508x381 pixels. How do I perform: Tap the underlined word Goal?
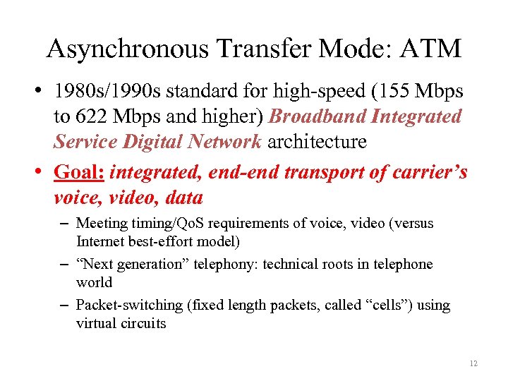80,172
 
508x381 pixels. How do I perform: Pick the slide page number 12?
472,363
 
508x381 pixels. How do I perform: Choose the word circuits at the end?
145,323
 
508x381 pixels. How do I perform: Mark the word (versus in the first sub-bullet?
410,224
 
